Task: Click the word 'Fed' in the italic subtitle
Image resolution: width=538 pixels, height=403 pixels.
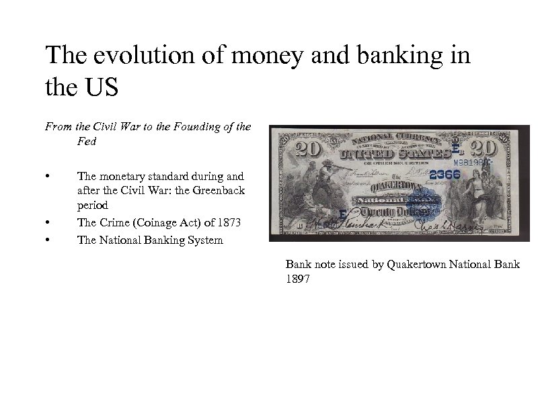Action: click(x=86, y=142)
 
